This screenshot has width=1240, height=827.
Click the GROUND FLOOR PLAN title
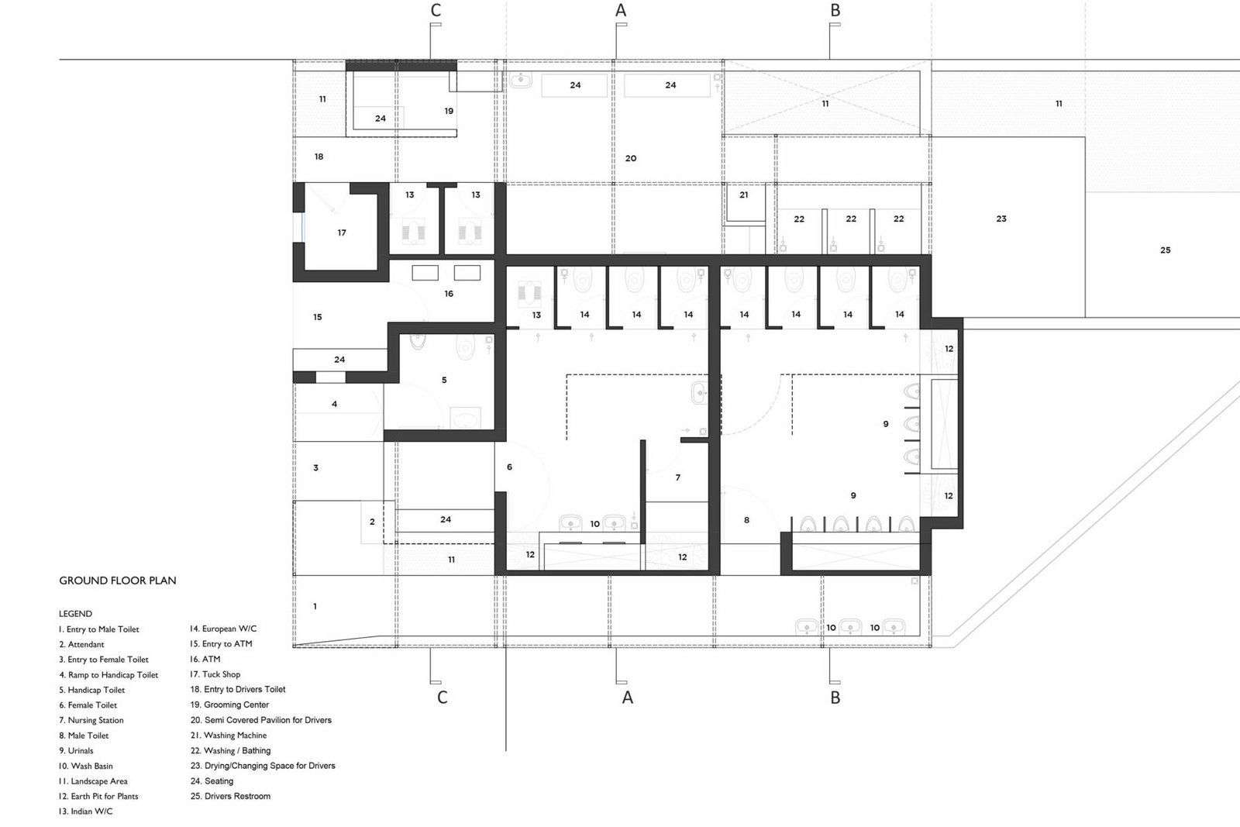[x=117, y=581]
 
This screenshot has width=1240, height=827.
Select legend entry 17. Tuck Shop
[x=215, y=674]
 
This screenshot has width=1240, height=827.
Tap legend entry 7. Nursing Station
[x=91, y=720]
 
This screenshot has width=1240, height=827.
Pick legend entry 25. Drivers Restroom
[x=231, y=796]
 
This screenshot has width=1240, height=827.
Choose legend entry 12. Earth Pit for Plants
[x=98, y=796]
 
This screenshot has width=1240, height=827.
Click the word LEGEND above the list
[x=75, y=613]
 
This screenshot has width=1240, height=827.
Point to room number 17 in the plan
[x=342, y=233]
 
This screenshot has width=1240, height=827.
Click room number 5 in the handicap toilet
[x=444, y=380]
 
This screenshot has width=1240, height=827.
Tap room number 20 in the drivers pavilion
[x=631, y=158]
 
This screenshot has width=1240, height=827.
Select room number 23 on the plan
[x=1001, y=219]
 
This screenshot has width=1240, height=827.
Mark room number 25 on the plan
[x=1166, y=250]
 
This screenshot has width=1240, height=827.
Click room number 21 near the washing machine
[x=743, y=195]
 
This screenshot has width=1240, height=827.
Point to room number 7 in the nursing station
[x=677, y=477]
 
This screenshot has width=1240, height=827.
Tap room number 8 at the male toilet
[x=746, y=520]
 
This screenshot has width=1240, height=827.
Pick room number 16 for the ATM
[x=449, y=294]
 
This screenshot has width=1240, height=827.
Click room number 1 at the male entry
[x=315, y=606]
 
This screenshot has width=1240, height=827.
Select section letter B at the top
[x=835, y=10]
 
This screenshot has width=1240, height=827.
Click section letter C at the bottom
[x=442, y=698]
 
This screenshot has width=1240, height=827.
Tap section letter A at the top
[x=621, y=10]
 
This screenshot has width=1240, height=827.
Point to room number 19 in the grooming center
[x=449, y=111]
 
